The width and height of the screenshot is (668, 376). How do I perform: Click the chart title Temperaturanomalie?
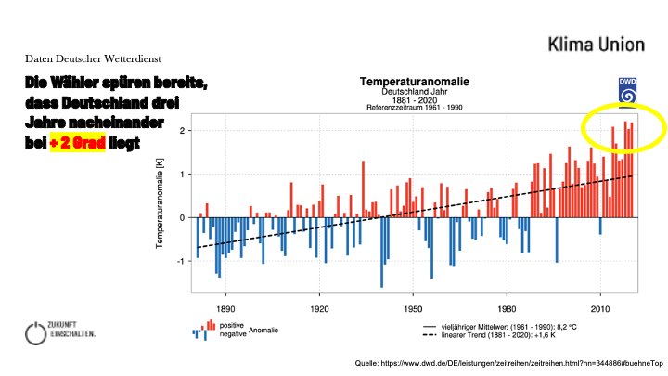point(415,83)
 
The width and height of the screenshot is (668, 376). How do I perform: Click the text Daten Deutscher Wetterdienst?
point(90,58)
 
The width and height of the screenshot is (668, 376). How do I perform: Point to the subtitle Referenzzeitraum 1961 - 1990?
point(415,108)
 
